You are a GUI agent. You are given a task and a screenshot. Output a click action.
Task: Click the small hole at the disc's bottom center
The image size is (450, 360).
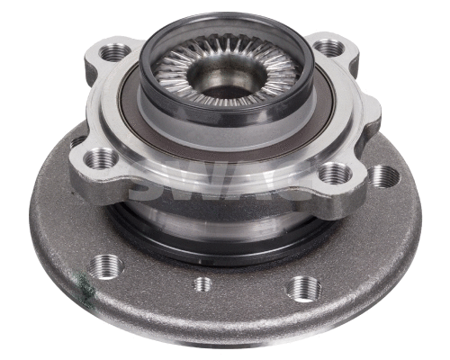click(203, 284)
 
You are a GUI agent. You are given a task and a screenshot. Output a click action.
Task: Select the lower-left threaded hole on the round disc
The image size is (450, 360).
click(107, 265)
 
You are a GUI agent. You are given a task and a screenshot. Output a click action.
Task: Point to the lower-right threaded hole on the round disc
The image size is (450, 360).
click(303, 288)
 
